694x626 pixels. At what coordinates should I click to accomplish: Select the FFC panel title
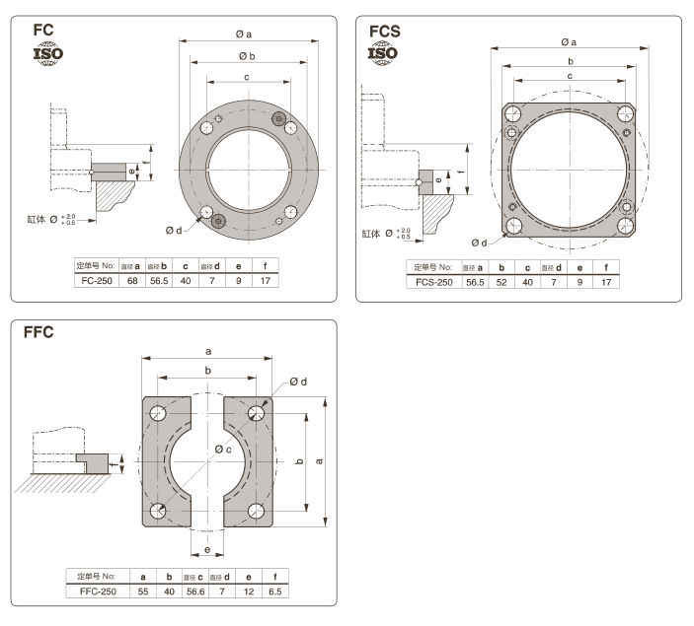[41, 333]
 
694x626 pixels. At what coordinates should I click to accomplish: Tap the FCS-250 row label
[433, 282]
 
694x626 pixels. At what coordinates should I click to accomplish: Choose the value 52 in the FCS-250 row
[503, 282]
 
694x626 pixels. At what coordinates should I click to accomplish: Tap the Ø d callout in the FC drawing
[174, 231]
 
